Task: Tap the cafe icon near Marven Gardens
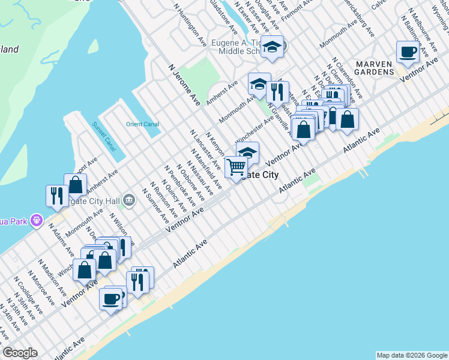(x=408, y=52)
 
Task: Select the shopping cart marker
(x=237, y=166)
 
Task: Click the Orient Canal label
(x=142, y=124)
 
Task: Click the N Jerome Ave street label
(x=184, y=86)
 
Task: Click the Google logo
(x=20, y=353)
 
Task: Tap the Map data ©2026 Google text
(x=412, y=355)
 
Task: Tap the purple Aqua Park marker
(x=37, y=221)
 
